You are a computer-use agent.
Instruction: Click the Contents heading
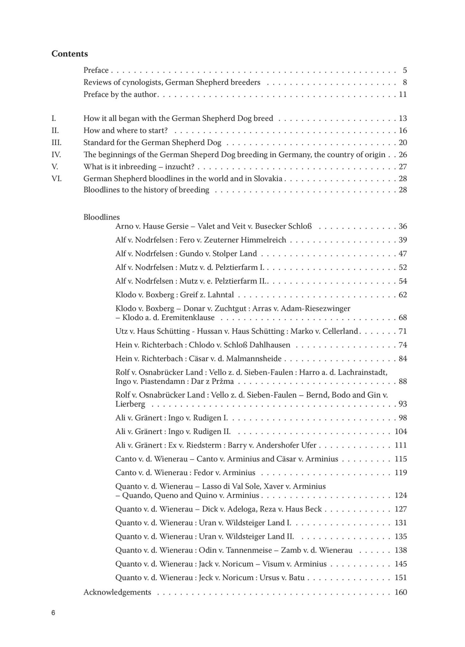click(x=69, y=54)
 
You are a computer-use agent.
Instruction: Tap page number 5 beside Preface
click(x=405, y=70)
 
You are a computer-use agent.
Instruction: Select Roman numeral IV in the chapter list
click(x=56, y=155)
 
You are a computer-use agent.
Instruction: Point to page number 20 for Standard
click(x=403, y=143)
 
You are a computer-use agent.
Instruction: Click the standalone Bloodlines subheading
click(x=101, y=217)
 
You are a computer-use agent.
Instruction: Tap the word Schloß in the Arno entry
click(x=300, y=226)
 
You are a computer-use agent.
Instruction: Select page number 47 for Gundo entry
click(x=403, y=254)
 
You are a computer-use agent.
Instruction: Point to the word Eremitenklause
click(x=188, y=317)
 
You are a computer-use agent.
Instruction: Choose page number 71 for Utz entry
click(x=403, y=331)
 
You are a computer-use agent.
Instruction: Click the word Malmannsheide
click(x=254, y=359)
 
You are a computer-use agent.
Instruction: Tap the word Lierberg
click(x=130, y=404)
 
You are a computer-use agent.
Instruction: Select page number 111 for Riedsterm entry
click(x=401, y=445)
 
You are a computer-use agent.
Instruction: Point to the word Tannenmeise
click(x=249, y=550)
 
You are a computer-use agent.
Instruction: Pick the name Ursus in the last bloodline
click(x=269, y=578)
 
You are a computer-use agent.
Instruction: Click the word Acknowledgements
click(x=117, y=592)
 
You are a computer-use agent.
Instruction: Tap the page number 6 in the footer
click(x=53, y=613)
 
